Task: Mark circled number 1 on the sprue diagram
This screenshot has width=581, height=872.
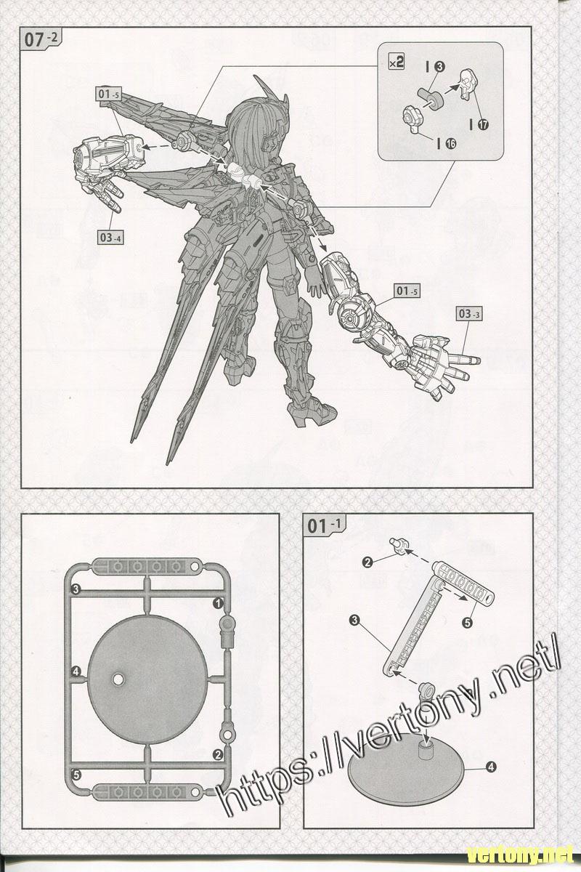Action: [216, 603]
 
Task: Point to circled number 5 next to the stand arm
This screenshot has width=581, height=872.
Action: [468, 622]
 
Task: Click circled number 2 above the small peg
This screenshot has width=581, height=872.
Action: [368, 561]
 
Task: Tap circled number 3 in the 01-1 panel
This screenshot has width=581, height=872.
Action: [354, 620]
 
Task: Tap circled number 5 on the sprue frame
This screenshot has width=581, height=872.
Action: [76, 773]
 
